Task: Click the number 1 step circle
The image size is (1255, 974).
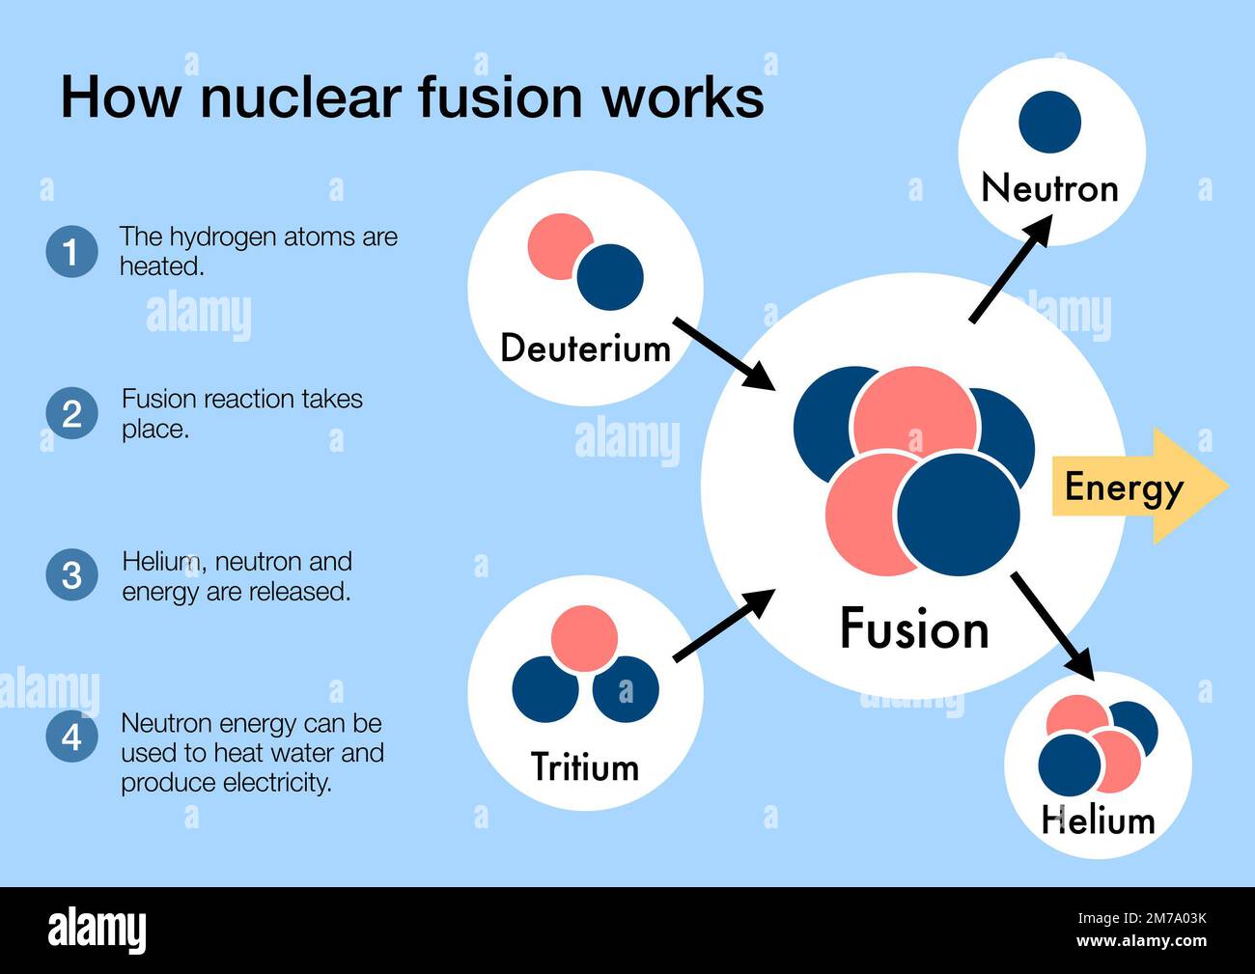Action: click(x=71, y=252)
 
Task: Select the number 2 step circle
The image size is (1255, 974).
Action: click(x=71, y=414)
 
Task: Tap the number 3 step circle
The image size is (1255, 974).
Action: click(x=71, y=575)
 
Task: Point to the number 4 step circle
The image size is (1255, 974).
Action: click(x=71, y=737)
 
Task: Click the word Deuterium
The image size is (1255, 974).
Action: click(x=585, y=348)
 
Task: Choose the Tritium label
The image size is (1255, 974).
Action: click(x=585, y=767)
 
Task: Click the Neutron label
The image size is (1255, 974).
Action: click(x=1049, y=188)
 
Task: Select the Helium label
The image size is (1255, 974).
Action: click(x=1098, y=821)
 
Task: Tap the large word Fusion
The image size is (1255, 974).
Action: click(x=913, y=629)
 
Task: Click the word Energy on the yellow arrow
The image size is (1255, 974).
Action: click(x=1123, y=487)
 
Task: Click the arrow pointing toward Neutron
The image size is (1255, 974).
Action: click(x=1010, y=269)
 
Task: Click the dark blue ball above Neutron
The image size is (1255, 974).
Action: click(x=1049, y=123)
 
